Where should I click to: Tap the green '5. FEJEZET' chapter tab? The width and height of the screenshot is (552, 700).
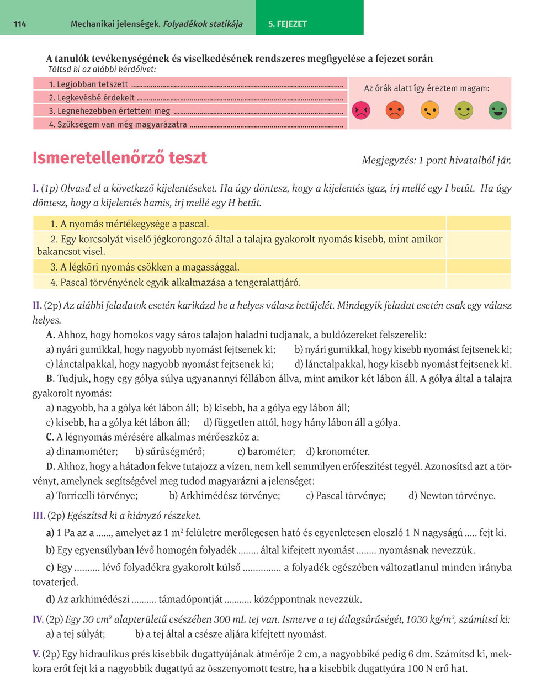288,24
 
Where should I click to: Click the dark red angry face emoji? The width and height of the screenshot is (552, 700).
360,110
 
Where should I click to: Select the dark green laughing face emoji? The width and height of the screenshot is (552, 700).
497,110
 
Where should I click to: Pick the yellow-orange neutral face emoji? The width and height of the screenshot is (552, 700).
429,110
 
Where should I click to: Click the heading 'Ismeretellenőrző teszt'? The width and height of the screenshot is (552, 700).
120,158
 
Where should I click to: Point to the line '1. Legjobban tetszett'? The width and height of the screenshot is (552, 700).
88,84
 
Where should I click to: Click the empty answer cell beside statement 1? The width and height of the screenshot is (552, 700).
477,224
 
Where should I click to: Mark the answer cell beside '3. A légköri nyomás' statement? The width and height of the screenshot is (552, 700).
477,267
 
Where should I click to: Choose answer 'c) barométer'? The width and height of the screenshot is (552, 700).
266,452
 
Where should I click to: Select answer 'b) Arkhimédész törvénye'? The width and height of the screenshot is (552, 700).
225,496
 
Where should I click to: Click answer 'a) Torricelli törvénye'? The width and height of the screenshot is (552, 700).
92,496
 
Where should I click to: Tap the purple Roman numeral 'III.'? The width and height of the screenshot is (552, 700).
39,516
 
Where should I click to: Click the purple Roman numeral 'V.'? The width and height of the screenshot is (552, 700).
36,654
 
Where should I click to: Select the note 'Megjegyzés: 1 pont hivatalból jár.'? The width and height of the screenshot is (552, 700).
436,161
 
